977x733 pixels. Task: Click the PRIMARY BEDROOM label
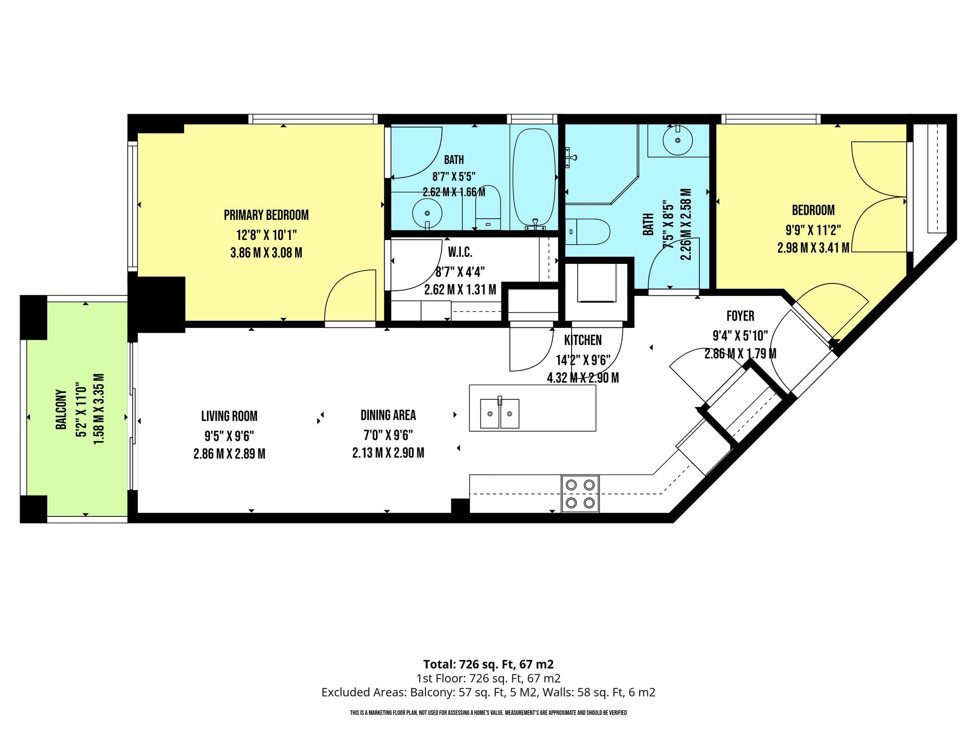point(266,215)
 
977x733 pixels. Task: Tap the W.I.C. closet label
point(460,252)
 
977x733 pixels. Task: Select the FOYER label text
point(740,316)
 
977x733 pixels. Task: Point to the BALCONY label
point(61,409)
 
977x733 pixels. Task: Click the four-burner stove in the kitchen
point(580,493)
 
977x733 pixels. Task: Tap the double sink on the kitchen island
point(499,413)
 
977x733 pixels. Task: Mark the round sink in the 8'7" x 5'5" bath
point(427,212)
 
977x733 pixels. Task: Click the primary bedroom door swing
point(350,295)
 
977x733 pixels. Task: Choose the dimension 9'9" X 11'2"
point(813,230)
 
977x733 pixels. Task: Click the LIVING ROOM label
point(229,416)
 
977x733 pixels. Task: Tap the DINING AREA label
point(388,415)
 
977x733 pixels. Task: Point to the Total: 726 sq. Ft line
point(488,664)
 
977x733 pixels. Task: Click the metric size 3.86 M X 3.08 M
point(266,253)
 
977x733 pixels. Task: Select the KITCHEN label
point(583,340)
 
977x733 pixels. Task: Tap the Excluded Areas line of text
point(488,692)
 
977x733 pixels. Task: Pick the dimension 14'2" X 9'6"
point(583,360)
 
